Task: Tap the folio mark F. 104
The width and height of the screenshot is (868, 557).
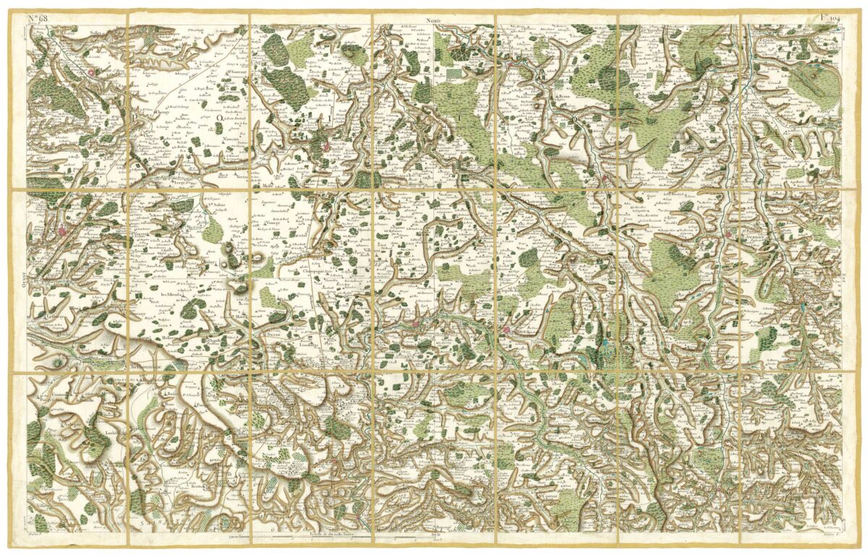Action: [x=829, y=17]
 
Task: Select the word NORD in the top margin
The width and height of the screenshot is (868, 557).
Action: [x=433, y=22]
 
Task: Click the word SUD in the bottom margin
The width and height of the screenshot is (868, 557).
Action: [x=435, y=537]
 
